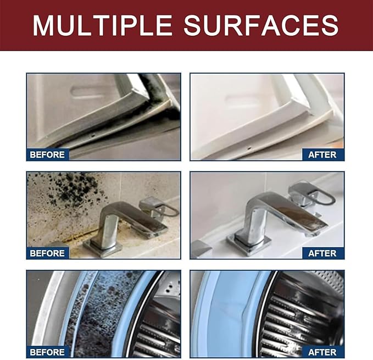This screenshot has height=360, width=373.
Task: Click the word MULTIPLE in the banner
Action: [102, 25]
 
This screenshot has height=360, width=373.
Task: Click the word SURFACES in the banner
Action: [261, 25]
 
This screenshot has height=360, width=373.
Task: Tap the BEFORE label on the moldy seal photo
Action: [47, 154]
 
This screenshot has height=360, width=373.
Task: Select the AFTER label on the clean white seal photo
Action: [322, 154]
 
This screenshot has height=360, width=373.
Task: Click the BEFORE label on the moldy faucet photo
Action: [47, 253]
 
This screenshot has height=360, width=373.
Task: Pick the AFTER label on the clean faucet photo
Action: [322, 253]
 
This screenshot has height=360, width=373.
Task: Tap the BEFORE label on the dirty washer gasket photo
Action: [47, 352]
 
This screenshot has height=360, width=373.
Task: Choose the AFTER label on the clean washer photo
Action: [322, 352]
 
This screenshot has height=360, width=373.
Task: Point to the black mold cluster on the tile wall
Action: [71, 188]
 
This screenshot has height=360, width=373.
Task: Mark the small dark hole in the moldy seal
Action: [93, 136]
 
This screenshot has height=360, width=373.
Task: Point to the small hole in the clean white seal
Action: [249, 148]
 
